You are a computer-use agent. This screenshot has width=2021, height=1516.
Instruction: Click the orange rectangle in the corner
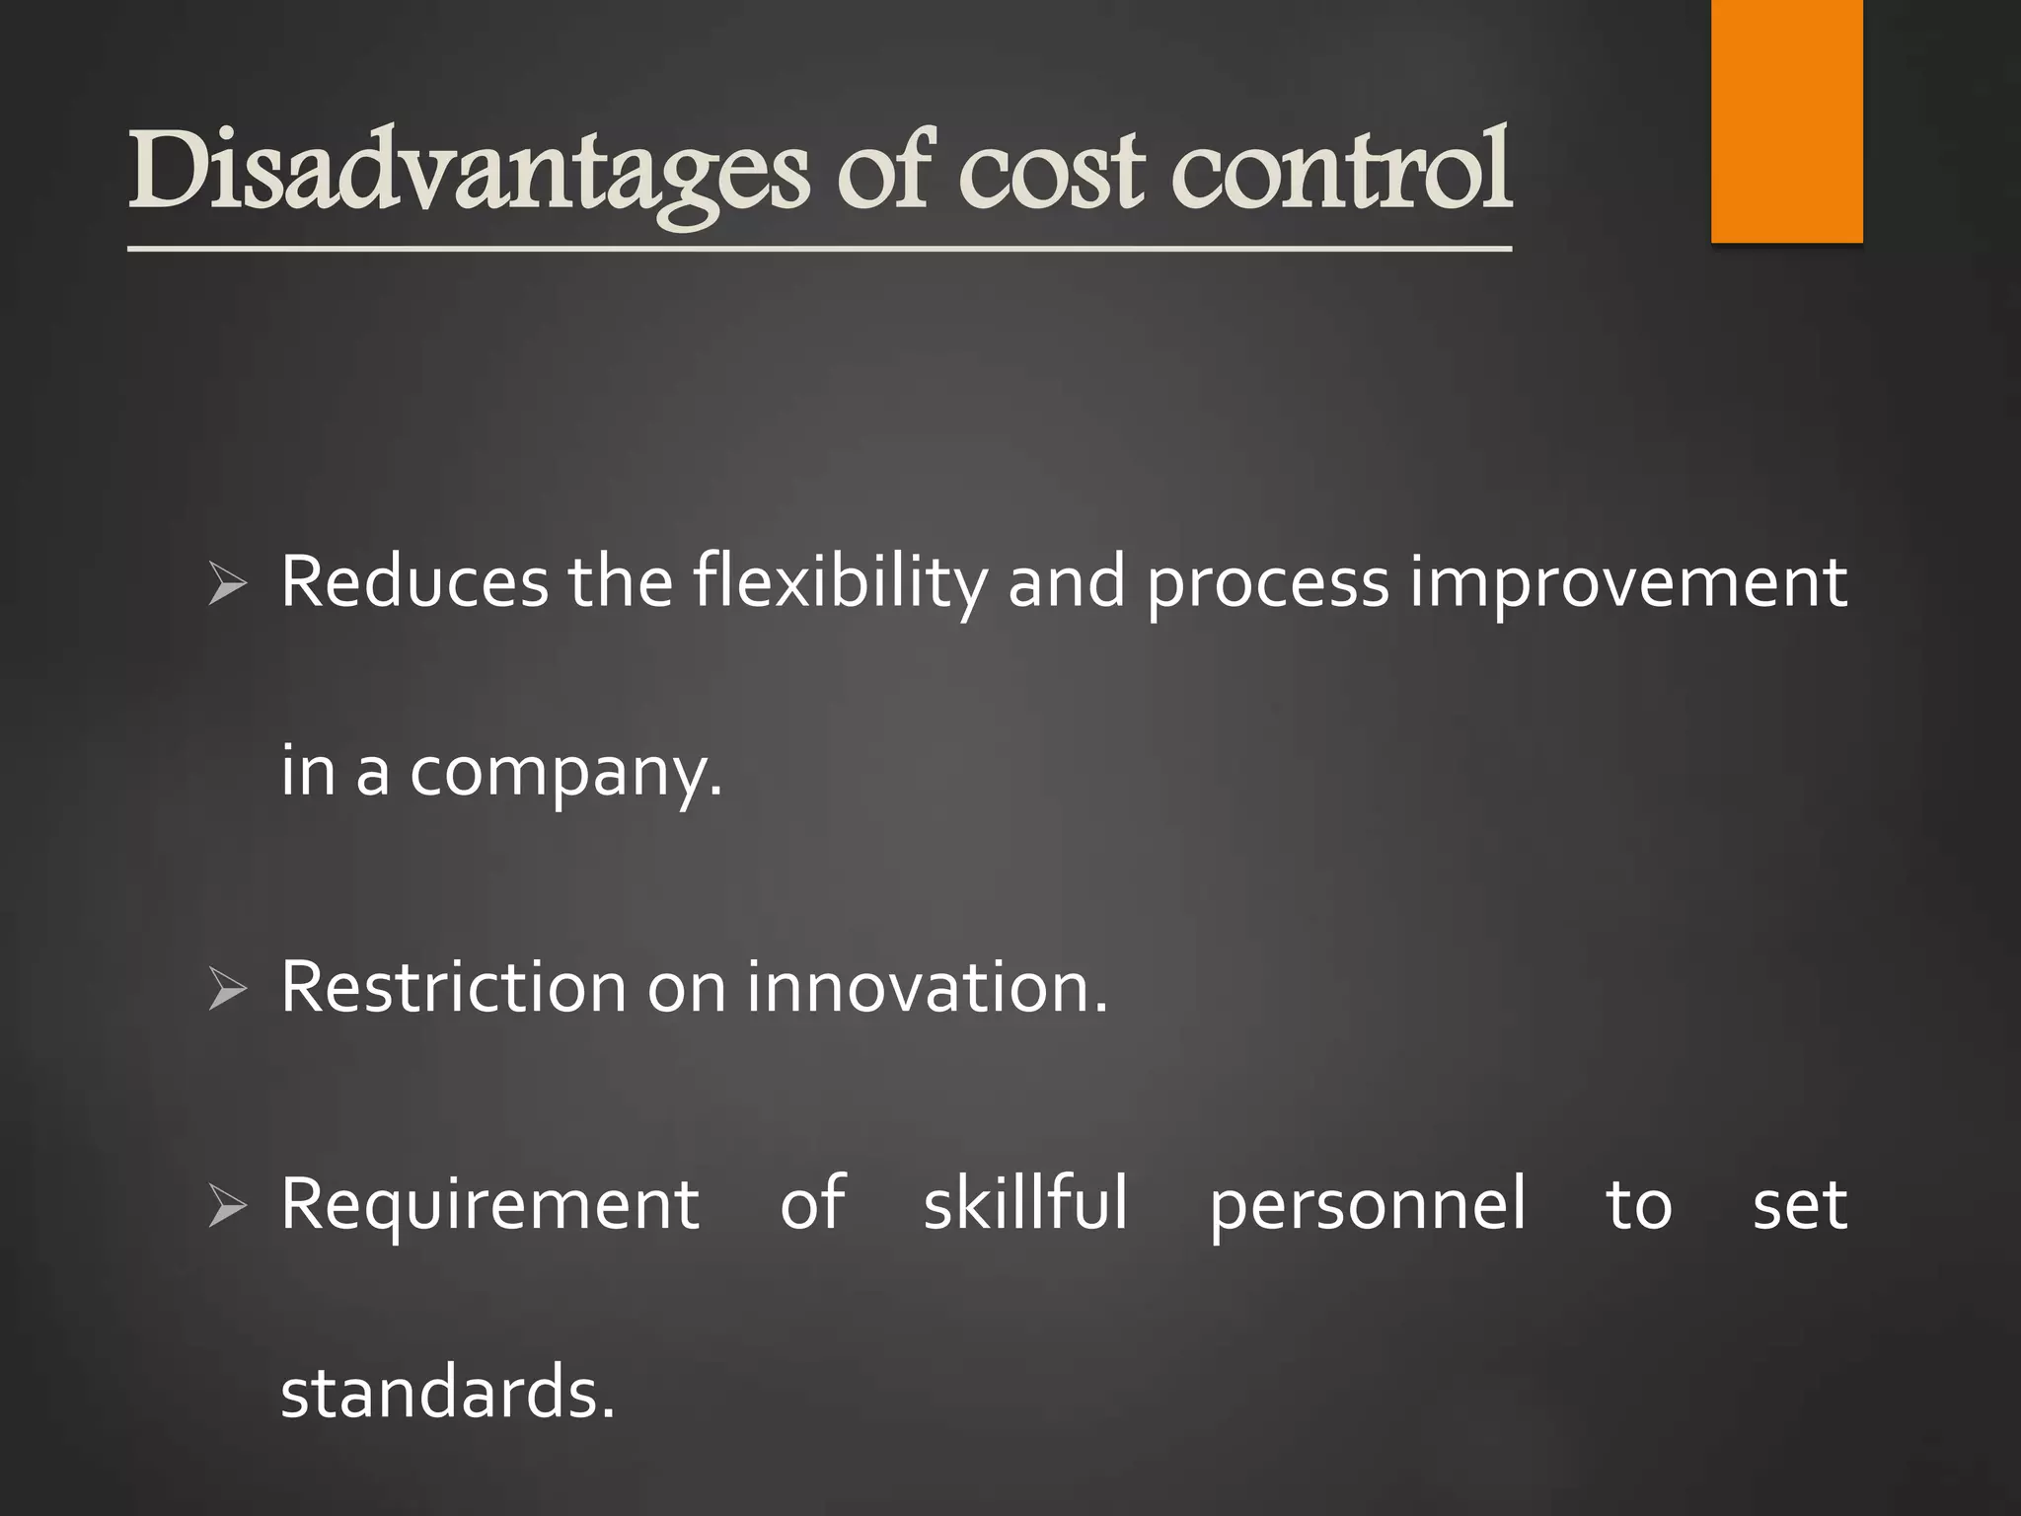1786,120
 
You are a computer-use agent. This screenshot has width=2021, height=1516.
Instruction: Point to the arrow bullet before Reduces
228,584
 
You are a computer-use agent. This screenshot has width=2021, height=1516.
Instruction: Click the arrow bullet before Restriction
228,989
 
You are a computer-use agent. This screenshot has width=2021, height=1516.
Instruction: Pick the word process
1268,584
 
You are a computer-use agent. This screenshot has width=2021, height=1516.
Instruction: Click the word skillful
1025,1204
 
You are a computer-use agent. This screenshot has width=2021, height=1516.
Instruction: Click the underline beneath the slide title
819,249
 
